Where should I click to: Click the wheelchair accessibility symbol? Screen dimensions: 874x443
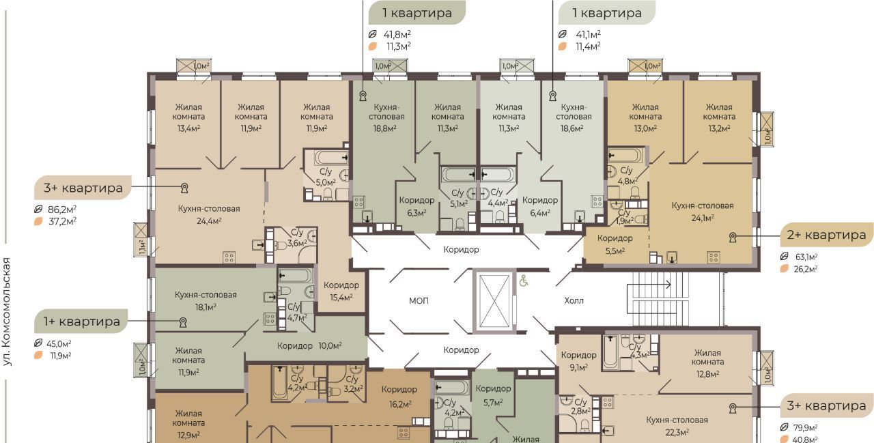click(524, 281)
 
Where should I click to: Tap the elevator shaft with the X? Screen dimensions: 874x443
click(494, 300)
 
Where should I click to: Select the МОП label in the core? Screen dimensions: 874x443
click(419, 300)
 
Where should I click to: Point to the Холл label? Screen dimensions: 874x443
click(574, 300)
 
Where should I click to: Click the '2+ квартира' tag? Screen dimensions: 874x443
click(826, 235)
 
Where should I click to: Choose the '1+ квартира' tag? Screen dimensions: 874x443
click(81, 321)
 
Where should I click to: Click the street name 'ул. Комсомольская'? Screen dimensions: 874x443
click(7, 311)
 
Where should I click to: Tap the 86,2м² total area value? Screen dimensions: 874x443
click(62, 209)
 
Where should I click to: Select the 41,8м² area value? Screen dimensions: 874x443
click(397, 34)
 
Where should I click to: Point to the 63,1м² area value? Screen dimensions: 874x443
click(806, 257)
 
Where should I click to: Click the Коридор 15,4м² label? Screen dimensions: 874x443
click(341, 291)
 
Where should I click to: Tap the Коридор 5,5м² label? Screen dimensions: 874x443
click(615, 244)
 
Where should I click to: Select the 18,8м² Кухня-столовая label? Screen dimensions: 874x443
click(386, 117)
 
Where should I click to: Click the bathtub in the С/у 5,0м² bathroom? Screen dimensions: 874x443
click(332, 158)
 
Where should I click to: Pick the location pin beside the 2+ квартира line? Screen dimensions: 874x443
click(733, 237)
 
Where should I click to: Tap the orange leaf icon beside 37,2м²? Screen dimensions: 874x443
click(38, 221)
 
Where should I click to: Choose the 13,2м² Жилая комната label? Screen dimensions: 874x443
click(719, 117)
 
